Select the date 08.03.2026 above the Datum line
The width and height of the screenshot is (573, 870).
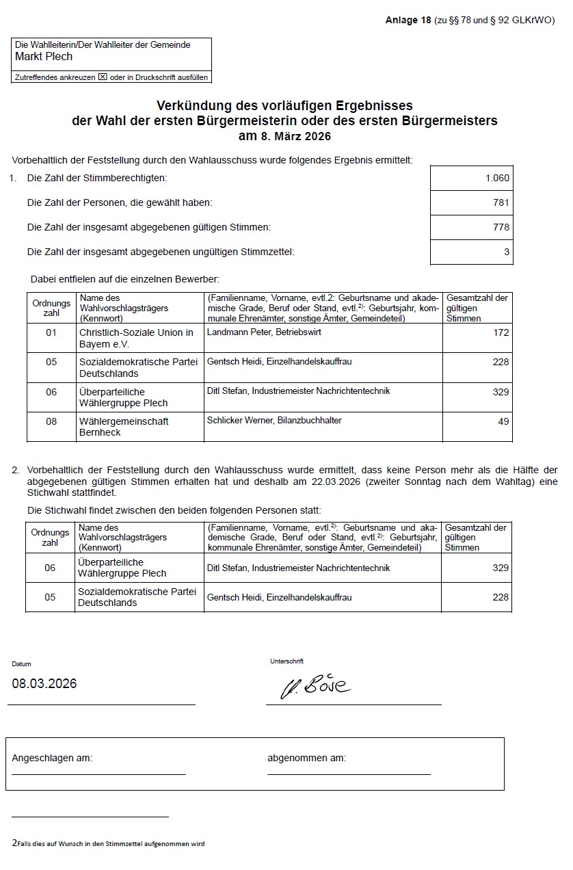(x=44, y=684)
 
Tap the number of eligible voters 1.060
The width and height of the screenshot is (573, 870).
(x=497, y=178)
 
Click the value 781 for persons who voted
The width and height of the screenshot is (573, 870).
(x=501, y=202)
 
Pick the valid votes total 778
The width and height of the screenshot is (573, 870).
(x=501, y=227)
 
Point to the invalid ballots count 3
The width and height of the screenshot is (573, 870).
(x=506, y=252)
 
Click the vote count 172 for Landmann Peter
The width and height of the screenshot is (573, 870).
(x=501, y=332)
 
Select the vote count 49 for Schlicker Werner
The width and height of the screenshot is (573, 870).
(x=503, y=421)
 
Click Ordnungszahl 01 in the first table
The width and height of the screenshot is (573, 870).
(x=51, y=332)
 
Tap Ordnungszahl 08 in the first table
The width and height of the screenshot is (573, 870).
(x=51, y=421)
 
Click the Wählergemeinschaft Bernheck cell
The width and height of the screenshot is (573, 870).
(x=124, y=427)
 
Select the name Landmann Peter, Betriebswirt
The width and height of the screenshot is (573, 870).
(x=264, y=332)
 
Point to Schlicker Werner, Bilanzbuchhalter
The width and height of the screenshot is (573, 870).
(x=274, y=420)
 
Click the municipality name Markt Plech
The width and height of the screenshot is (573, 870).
(x=44, y=57)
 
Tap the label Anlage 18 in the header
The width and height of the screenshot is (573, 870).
(x=408, y=20)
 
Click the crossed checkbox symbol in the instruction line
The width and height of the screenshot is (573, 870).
(x=103, y=77)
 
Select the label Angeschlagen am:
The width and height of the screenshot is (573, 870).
(x=52, y=758)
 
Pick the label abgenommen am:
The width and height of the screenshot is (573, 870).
(x=306, y=758)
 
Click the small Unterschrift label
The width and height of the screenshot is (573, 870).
(x=286, y=661)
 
